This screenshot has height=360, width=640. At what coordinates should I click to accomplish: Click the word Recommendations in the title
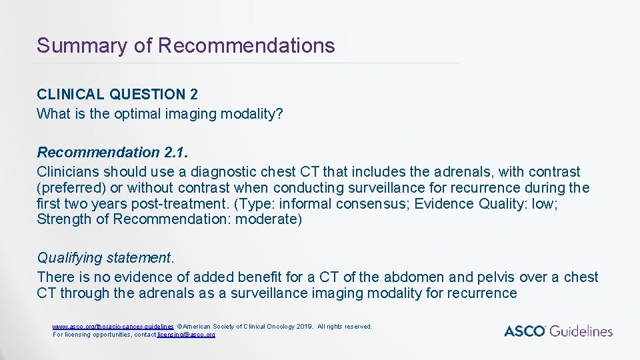pos(247,46)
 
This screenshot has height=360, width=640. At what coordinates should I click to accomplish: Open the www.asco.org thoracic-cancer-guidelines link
pos(113,327)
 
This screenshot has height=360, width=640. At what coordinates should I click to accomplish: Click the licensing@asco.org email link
pos(186,334)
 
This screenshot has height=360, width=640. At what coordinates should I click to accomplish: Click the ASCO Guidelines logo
pos(558,331)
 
